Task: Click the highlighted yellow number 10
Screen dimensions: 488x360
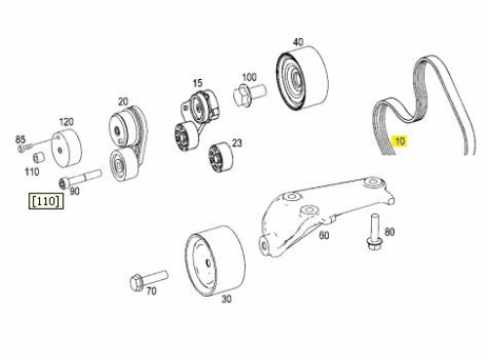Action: pos(399,141)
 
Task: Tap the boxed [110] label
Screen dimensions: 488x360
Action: pos(46,201)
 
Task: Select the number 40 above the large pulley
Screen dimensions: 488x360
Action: pos(298,42)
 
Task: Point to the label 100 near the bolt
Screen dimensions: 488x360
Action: pos(249,77)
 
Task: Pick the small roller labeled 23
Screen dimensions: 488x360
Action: pos(221,156)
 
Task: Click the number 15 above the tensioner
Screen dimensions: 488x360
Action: pos(197,83)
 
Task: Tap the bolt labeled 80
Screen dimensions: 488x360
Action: pos(375,232)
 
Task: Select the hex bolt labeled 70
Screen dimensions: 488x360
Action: pos(148,280)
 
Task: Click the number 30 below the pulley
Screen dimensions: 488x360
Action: pos(226,300)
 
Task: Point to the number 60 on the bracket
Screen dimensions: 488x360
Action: pos(324,235)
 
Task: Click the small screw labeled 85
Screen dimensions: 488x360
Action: pos(24,148)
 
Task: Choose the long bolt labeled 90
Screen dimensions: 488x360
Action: pos(80,179)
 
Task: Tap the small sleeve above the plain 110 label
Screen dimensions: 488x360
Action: pos(39,157)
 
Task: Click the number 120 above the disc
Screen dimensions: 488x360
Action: pos(66,122)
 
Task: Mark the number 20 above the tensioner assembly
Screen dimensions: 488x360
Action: pos(123,101)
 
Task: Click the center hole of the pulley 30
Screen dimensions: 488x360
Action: pos(208,262)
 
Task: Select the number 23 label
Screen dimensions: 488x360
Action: pos(237,143)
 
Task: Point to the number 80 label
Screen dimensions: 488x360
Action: pos(389,232)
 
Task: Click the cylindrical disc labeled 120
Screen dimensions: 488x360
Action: pos(66,148)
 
